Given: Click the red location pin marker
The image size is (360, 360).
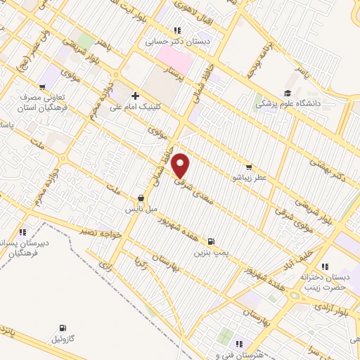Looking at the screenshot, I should click(x=181, y=165).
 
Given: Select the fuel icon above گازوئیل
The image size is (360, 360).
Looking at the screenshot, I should click(x=63, y=327).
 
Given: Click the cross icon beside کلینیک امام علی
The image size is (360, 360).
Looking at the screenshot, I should click(x=135, y=96).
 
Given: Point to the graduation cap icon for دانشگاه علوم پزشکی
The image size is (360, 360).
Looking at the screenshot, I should click(x=287, y=94).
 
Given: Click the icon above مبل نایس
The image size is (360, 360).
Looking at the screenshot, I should click(x=142, y=198).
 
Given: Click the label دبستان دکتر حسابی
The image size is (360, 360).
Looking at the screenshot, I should click(x=179, y=41).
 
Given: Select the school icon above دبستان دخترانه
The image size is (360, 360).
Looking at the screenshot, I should click(x=324, y=266).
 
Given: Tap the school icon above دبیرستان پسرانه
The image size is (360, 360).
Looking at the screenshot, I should click(x=23, y=231).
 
